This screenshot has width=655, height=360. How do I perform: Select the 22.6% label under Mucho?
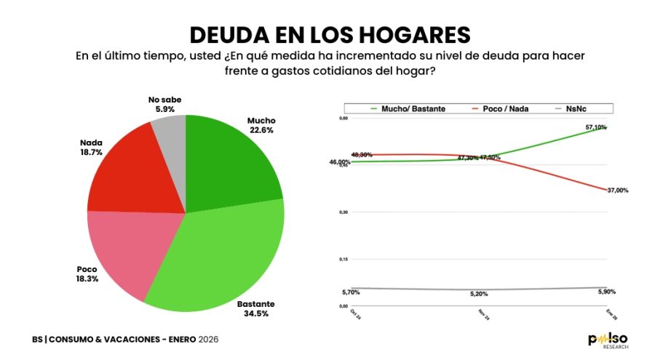pos(261,131)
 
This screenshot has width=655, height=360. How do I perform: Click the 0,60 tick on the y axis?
pos(344,118)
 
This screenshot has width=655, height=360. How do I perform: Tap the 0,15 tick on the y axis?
pos(344,259)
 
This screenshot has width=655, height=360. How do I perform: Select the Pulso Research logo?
pos(608,340)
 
